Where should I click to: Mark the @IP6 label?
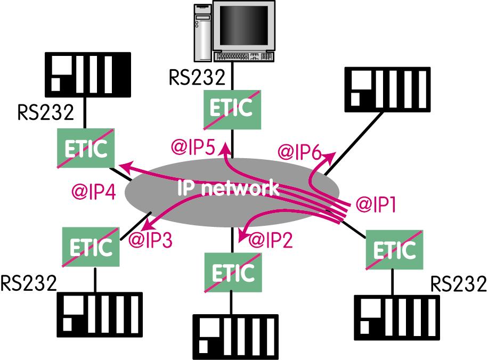click(298, 153)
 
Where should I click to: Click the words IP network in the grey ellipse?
click(228, 187)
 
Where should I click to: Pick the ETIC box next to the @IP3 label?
click(91, 245)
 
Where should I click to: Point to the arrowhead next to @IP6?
click(331, 154)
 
